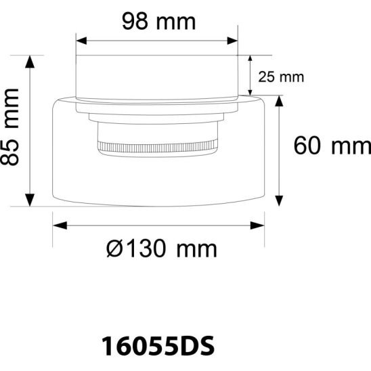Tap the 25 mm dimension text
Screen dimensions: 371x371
(x=282, y=77)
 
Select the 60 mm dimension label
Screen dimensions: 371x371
(x=332, y=145)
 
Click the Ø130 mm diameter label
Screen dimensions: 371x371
(x=161, y=248)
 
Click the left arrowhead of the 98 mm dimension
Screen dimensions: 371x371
(x=80, y=41)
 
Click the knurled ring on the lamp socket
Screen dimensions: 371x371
(x=158, y=145)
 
